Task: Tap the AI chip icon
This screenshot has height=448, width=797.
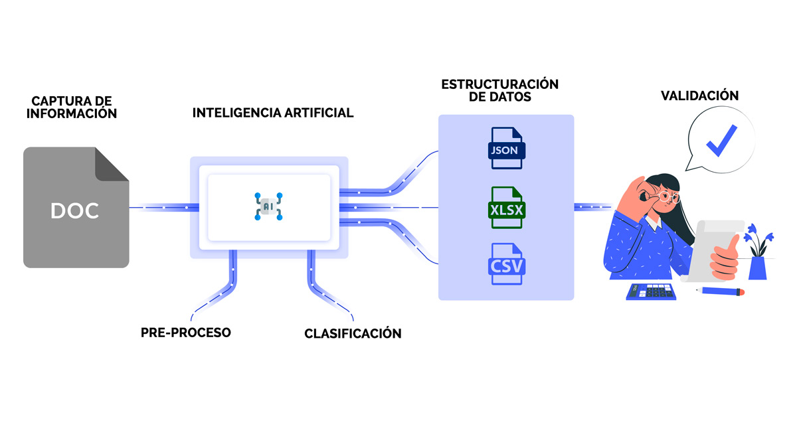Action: point(268,207)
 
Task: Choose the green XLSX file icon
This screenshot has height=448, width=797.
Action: point(507,209)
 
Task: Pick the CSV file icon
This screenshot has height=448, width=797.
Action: point(507,265)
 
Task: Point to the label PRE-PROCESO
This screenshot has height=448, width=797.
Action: point(186,332)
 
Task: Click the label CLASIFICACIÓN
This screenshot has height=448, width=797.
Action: point(353,333)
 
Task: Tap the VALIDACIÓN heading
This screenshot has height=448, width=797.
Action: point(699,96)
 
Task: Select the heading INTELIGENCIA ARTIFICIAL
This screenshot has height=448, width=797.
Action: point(273,113)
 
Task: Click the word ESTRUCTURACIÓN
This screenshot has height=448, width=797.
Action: point(500,84)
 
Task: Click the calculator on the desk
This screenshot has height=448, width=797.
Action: point(651,291)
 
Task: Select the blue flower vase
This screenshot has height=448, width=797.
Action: point(757,267)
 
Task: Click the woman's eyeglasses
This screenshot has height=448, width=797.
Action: point(667,196)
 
